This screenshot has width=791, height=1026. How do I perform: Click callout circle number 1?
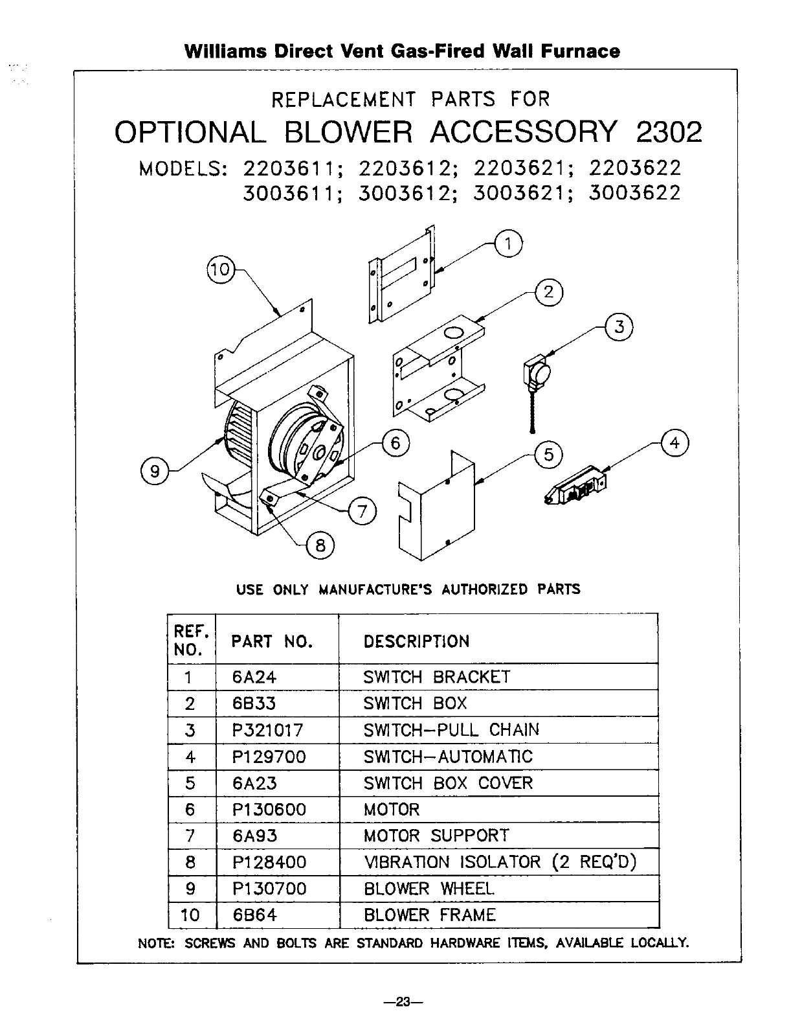point(508,244)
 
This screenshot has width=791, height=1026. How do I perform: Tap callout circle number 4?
point(674,444)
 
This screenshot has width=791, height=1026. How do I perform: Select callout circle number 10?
point(221,269)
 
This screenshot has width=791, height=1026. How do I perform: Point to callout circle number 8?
point(320,546)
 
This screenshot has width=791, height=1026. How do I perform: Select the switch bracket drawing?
point(401,274)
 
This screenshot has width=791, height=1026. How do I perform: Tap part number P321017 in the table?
point(267,731)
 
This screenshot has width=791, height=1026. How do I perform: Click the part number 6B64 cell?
point(254,915)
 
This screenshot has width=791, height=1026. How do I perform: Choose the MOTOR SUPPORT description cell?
point(436,836)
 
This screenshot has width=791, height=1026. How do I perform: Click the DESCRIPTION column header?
point(416,641)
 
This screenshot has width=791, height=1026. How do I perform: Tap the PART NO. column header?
point(272,641)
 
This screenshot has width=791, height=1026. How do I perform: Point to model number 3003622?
point(634,194)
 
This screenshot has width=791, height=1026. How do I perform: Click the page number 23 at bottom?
point(403,1002)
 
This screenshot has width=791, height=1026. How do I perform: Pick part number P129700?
point(269,757)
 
